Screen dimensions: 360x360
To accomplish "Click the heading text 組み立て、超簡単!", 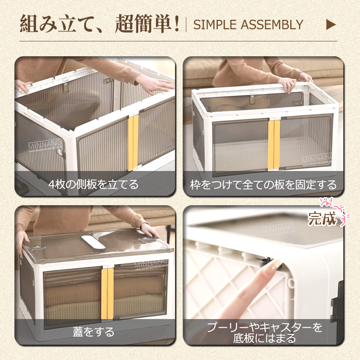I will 100,24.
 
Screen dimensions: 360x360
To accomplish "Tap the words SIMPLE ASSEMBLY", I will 248,25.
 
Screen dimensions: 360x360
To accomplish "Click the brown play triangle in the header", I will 331,24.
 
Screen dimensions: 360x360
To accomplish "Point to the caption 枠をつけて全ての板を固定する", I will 263,184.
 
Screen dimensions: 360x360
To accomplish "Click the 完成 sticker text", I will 322,219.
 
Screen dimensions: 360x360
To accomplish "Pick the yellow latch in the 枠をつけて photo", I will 274,144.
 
